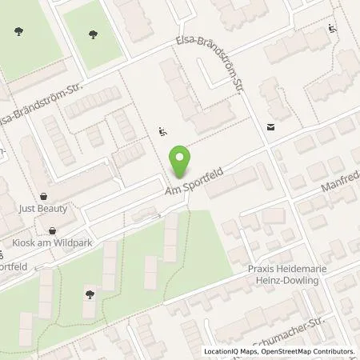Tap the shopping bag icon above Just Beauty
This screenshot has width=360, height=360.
(x=43, y=194)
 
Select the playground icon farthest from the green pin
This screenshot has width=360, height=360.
(x=332, y=31)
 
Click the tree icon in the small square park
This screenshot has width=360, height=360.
(x=94, y=34)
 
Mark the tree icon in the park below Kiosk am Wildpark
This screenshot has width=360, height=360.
(x=89, y=294)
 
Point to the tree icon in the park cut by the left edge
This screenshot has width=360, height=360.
(x=18, y=32)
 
